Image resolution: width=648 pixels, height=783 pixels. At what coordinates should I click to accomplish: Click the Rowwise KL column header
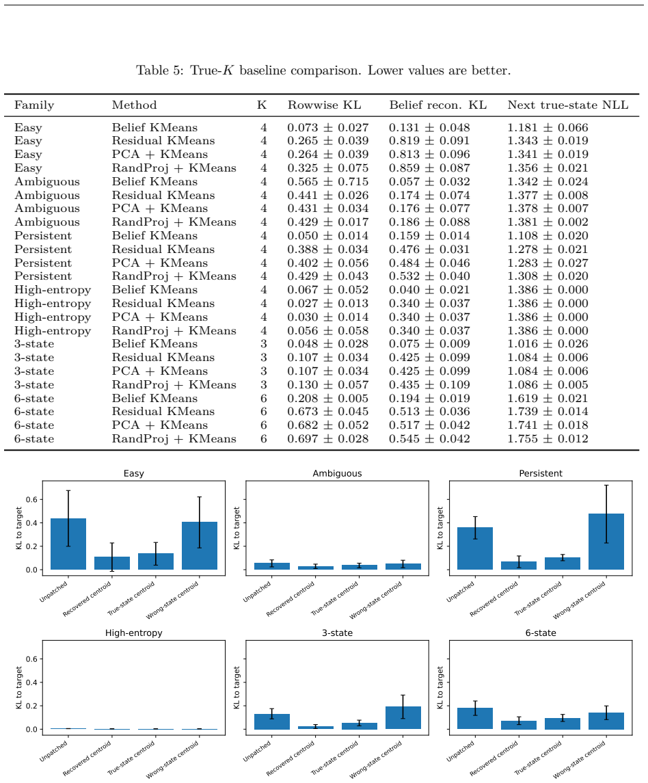click(x=324, y=105)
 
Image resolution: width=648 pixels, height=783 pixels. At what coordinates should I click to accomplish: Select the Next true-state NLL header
click(x=567, y=105)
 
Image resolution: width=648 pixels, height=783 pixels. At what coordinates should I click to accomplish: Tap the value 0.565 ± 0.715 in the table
click(x=328, y=182)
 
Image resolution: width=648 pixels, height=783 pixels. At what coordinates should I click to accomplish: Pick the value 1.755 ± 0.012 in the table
click(x=548, y=439)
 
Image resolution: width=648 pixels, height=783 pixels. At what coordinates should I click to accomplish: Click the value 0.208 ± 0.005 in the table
click(x=328, y=399)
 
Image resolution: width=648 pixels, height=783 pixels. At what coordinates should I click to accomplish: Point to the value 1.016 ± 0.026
click(x=548, y=344)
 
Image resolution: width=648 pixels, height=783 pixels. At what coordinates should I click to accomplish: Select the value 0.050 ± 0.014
click(x=328, y=236)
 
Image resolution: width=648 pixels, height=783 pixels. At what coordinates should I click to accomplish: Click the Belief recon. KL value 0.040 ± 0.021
click(x=429, y=290)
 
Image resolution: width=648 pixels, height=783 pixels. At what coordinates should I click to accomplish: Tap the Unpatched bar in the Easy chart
click(x=68, y=544)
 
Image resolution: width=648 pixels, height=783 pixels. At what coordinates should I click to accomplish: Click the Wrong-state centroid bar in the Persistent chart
click(x=606, y=542)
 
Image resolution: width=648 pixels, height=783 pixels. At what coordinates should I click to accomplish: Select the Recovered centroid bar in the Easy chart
click(x=112, y=563)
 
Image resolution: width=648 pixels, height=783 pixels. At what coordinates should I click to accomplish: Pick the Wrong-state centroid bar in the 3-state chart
click(x=403, y=717)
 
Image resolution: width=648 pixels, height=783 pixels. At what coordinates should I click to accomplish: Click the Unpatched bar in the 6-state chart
click(x=475, y=719)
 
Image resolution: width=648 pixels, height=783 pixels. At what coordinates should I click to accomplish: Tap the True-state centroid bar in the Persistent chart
click(x=562, y=563)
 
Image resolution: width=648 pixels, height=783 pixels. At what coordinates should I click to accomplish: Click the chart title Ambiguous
click(x=337, y=473)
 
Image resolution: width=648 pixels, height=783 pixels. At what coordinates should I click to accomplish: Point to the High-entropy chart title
click(x=134, y=633)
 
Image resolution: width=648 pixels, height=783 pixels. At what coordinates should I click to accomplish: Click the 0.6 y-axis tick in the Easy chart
click(x=31, y=499)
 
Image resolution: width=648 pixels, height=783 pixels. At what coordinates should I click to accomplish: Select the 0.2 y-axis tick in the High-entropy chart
click(x=31, y=706)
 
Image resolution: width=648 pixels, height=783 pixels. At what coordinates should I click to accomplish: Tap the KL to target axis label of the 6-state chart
click(x=440, y=688)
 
